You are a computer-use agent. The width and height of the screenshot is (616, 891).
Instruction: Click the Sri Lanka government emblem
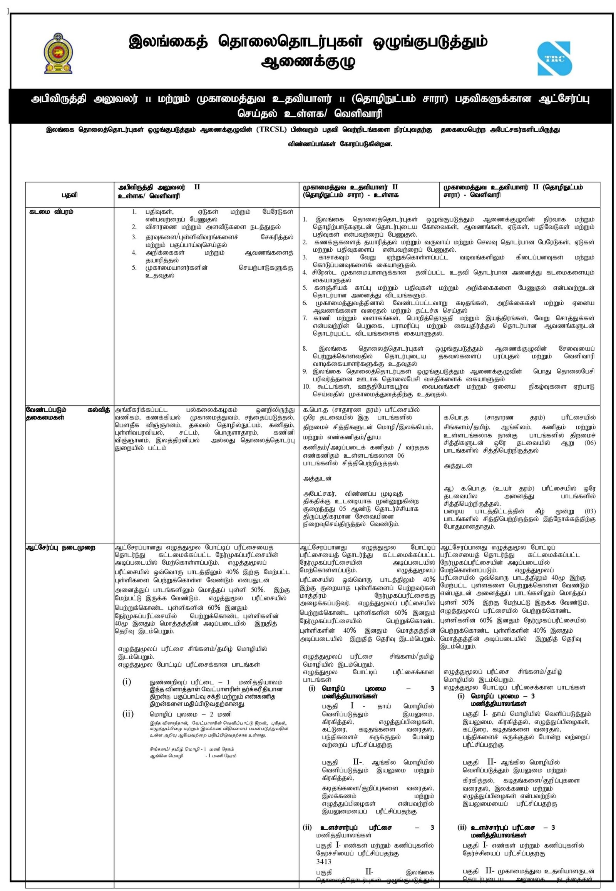(x=58, y=53)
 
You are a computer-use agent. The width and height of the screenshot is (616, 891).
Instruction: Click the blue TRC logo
(x=555, y=59)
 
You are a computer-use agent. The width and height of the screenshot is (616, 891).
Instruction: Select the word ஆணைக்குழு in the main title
(x=308, y=61)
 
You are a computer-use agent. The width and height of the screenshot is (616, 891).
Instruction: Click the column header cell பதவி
(x=69, y=195)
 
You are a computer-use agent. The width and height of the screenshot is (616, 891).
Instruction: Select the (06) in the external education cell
(x=590, y=443)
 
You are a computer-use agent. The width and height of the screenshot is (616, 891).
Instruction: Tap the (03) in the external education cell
(x=590, y=511)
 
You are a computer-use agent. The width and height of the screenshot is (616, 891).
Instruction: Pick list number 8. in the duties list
(x=305, y=348)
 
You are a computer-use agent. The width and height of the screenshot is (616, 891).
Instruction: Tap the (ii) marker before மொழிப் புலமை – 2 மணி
(x=128, y=714)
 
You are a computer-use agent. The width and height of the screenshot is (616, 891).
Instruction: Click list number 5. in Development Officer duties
(x=134, y=268)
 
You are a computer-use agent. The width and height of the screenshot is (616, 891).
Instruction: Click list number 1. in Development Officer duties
(x=134, y=211)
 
